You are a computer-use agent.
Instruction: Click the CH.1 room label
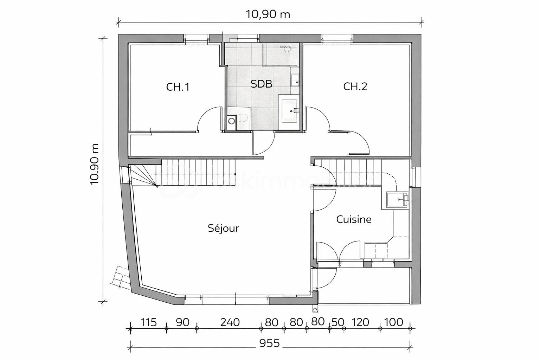click(x=178, y=87)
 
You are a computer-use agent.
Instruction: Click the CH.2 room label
click(x=355, y=86)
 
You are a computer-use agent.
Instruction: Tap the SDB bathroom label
click(x=261, y=84)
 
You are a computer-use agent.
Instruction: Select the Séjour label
click(x=223, y=229)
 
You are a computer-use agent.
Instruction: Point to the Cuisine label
click(x=354, y=219)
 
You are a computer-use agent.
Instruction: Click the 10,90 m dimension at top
click(x=268, y=14)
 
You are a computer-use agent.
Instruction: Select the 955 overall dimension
click(x=270, y=343)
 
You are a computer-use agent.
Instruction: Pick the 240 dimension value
click(x=230, y=322)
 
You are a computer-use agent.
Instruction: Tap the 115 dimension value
click(x=148, y=322)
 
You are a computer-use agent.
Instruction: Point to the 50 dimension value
click(x=338, y=322)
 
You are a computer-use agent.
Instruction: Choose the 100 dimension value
click(x=393, y=322)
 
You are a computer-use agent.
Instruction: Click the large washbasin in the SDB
click(x=290, y=110)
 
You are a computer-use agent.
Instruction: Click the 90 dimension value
click(x=182, y=322)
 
